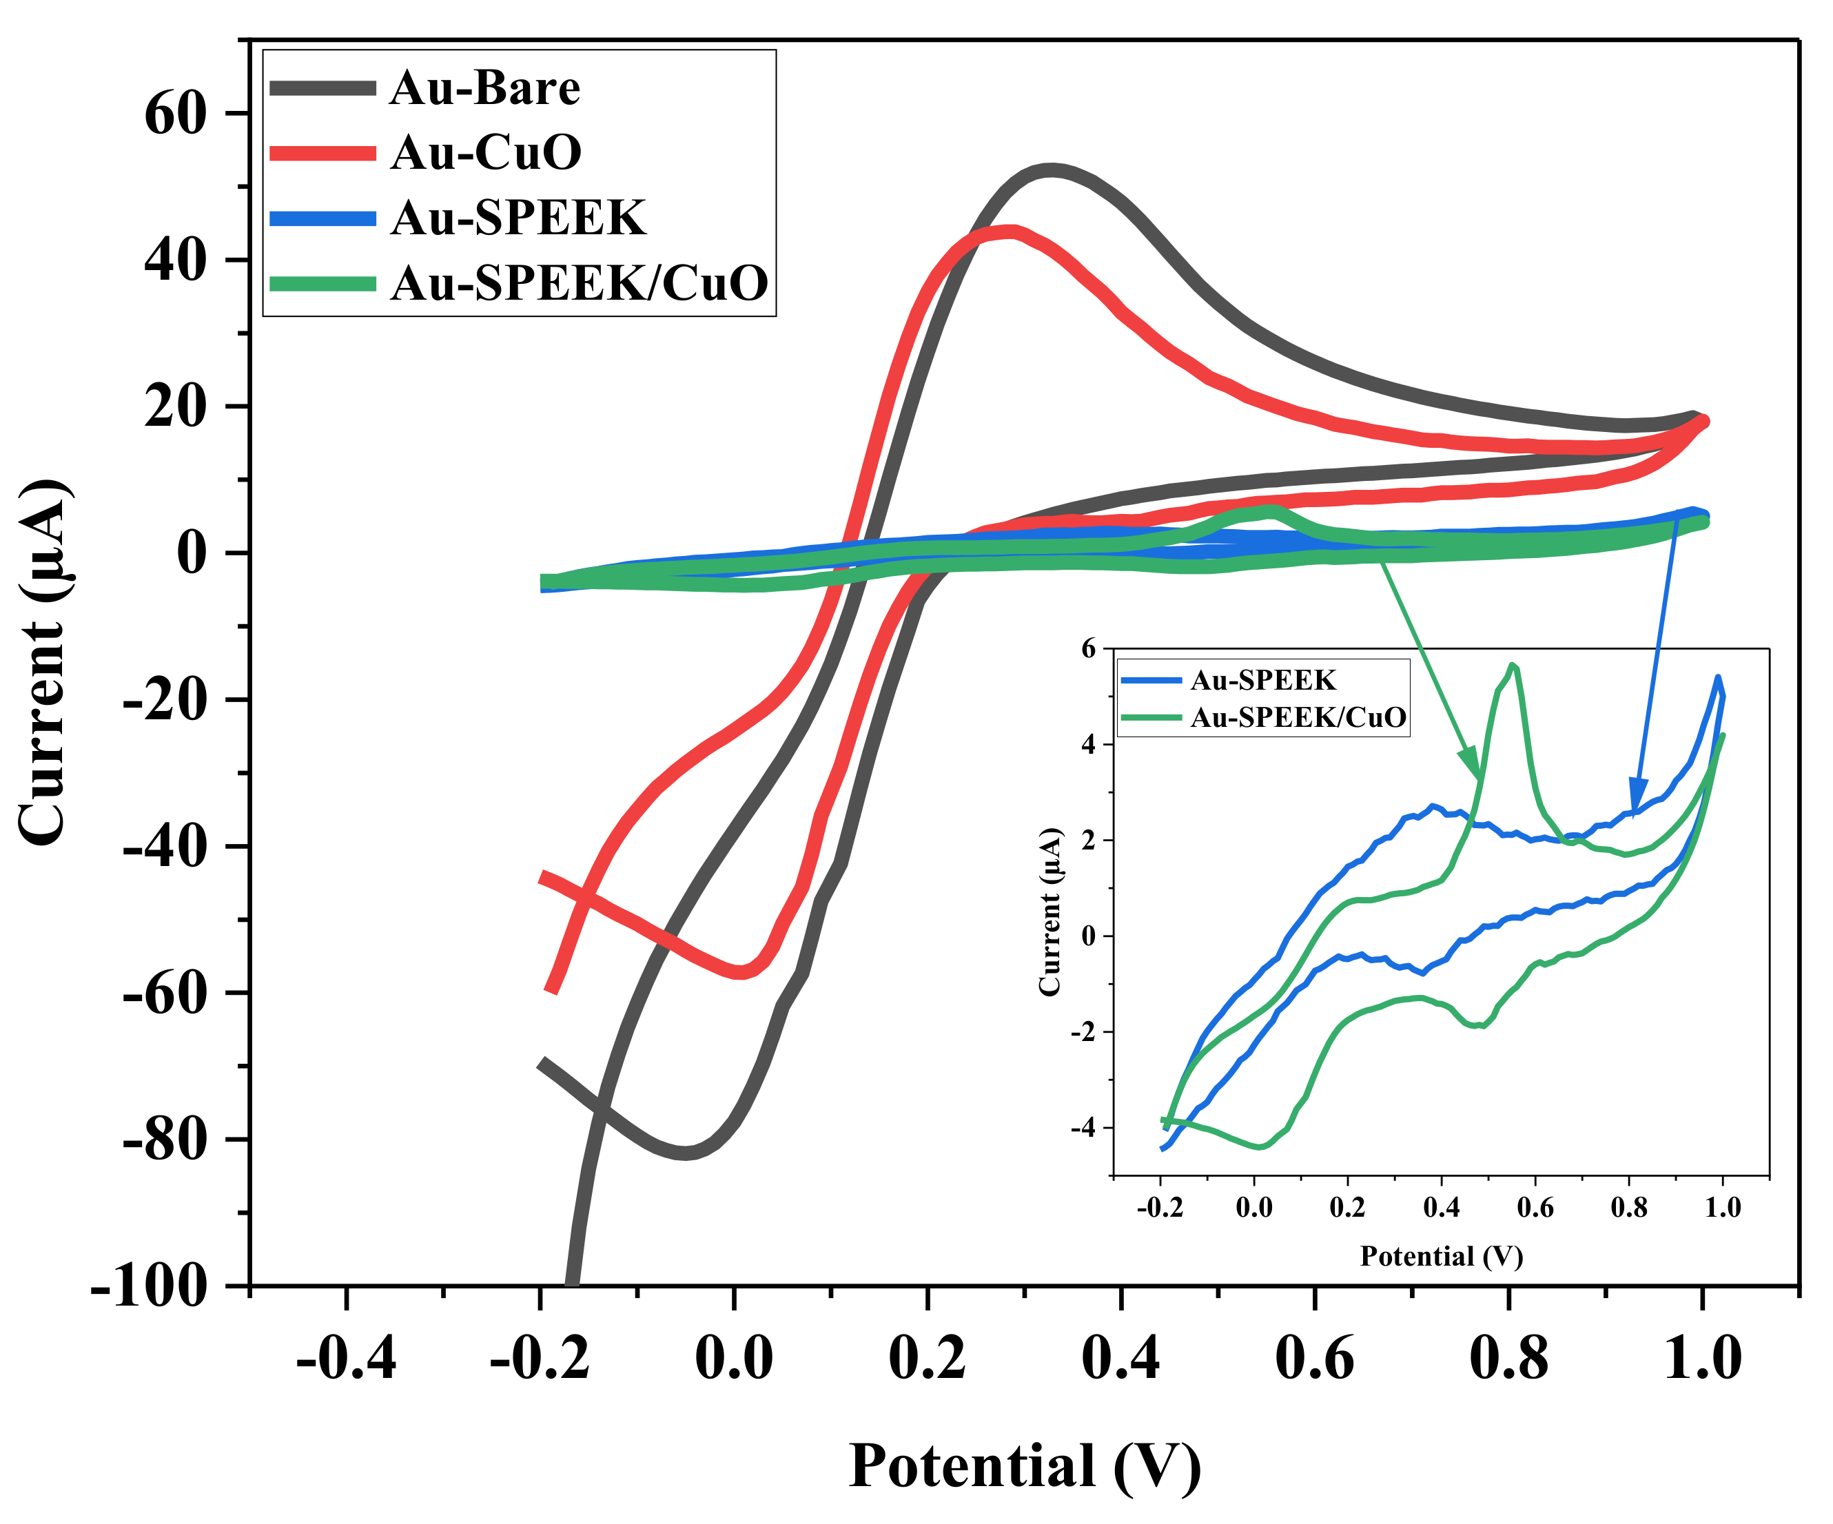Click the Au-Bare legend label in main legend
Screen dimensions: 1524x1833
[484, 88]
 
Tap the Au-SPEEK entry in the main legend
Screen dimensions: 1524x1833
[518, 217]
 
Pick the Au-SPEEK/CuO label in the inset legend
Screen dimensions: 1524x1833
[1298, 717]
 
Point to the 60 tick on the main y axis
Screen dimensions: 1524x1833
[176, 114]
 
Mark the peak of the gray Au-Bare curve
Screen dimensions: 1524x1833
[1051, 170]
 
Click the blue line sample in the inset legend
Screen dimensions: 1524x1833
[1150, 680]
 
